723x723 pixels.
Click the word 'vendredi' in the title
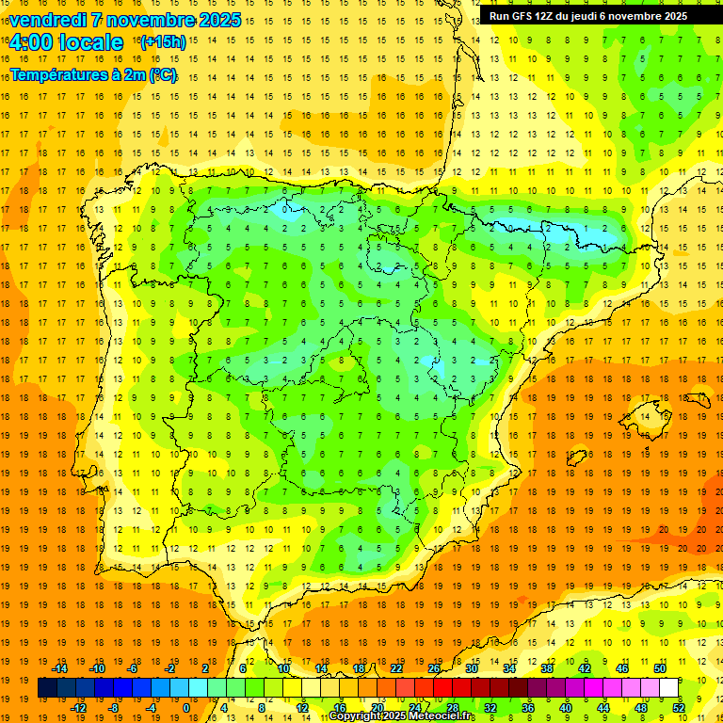[x=47, y=20]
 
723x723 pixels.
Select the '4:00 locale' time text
[x=66, y=42]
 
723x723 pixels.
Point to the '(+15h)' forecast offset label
[x=163, y=42]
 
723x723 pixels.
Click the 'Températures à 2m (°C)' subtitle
[x=93, y=74]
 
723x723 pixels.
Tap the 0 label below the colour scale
[x=186, y=708]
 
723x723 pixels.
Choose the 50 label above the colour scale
[x=659, y=668]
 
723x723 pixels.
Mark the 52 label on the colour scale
[x=679, y=708]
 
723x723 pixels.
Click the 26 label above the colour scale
[x=434, y=668]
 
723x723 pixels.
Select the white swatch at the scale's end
[x=669, y=688]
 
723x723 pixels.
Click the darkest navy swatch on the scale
[x=47, y=688]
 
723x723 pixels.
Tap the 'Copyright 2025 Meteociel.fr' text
[x=403, y=716]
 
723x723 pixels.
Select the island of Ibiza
[x=577, y=458]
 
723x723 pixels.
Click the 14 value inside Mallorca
[x=645, y=415]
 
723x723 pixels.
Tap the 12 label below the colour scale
[x=301, y=708]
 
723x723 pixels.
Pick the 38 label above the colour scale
[x=546, y=668]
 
